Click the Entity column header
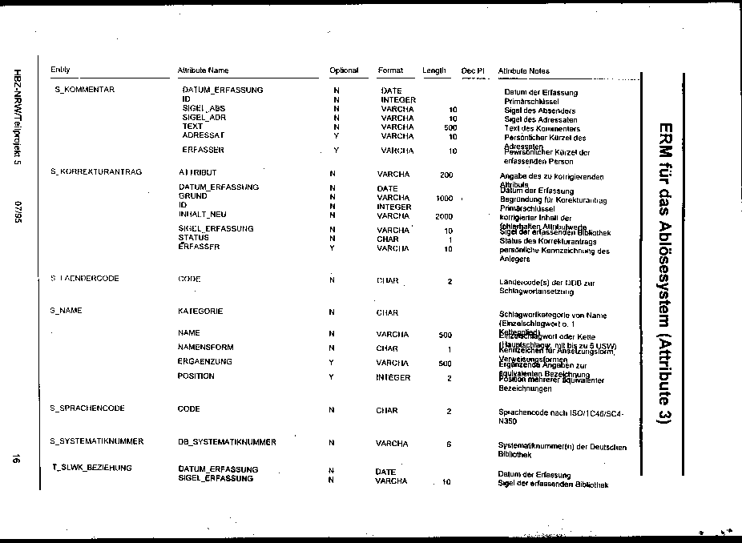(x=60, y=70)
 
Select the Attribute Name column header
(x=203, y=70)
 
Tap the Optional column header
(x=344, y=70)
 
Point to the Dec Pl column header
(x=473, y=70)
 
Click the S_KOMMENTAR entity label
(x=84, y=89)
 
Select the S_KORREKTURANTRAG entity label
(x=95, y=171)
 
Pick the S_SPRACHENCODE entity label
(x=87, y=408)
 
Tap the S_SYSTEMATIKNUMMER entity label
(x=96, y=441)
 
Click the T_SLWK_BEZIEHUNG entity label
(x=92, y=467)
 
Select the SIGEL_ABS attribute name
(x=204, y=108)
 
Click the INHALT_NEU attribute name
(x=202, y=215)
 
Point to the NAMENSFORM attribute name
(x=205, y=347)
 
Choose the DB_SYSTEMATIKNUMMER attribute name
(x=227, y=441)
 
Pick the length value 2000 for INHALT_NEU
(x=443, y=216)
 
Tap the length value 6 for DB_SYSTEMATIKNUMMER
(x=449, y=443)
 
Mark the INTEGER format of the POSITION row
(x=393, y=377)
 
